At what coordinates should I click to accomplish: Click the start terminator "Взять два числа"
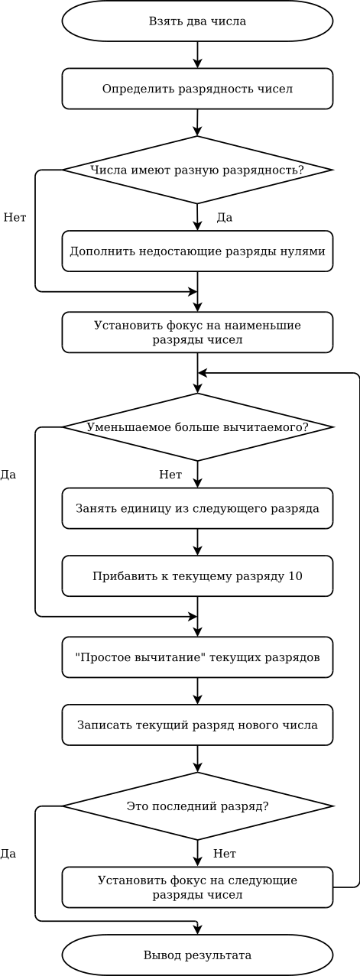[197, 21]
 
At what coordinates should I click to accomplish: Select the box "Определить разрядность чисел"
[197, 89]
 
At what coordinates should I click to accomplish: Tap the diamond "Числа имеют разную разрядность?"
[197, 170]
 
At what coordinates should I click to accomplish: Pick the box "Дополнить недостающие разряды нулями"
[197, 251]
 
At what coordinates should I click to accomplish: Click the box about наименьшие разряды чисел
[197, 332]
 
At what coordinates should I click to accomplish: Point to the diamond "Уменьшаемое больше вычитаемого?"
[197, 427]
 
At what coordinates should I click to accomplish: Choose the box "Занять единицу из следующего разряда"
[197, 508]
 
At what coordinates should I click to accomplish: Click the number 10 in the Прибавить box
[295, 576]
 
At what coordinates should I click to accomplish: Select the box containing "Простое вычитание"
[197, 657]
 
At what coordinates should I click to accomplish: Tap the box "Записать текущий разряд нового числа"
[197, 725]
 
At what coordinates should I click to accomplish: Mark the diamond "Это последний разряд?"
[197, 806]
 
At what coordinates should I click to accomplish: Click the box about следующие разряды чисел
[197, 887]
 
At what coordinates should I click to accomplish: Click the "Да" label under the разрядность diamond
[225, 217]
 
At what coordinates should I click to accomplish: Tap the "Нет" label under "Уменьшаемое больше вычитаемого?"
[170, 475]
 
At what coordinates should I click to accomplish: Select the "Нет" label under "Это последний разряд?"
[225, 854]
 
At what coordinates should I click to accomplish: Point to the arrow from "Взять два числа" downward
[197, 55]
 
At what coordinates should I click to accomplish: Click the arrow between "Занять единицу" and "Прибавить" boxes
[197, 543]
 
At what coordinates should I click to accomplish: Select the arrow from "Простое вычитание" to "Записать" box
[197, 692]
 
